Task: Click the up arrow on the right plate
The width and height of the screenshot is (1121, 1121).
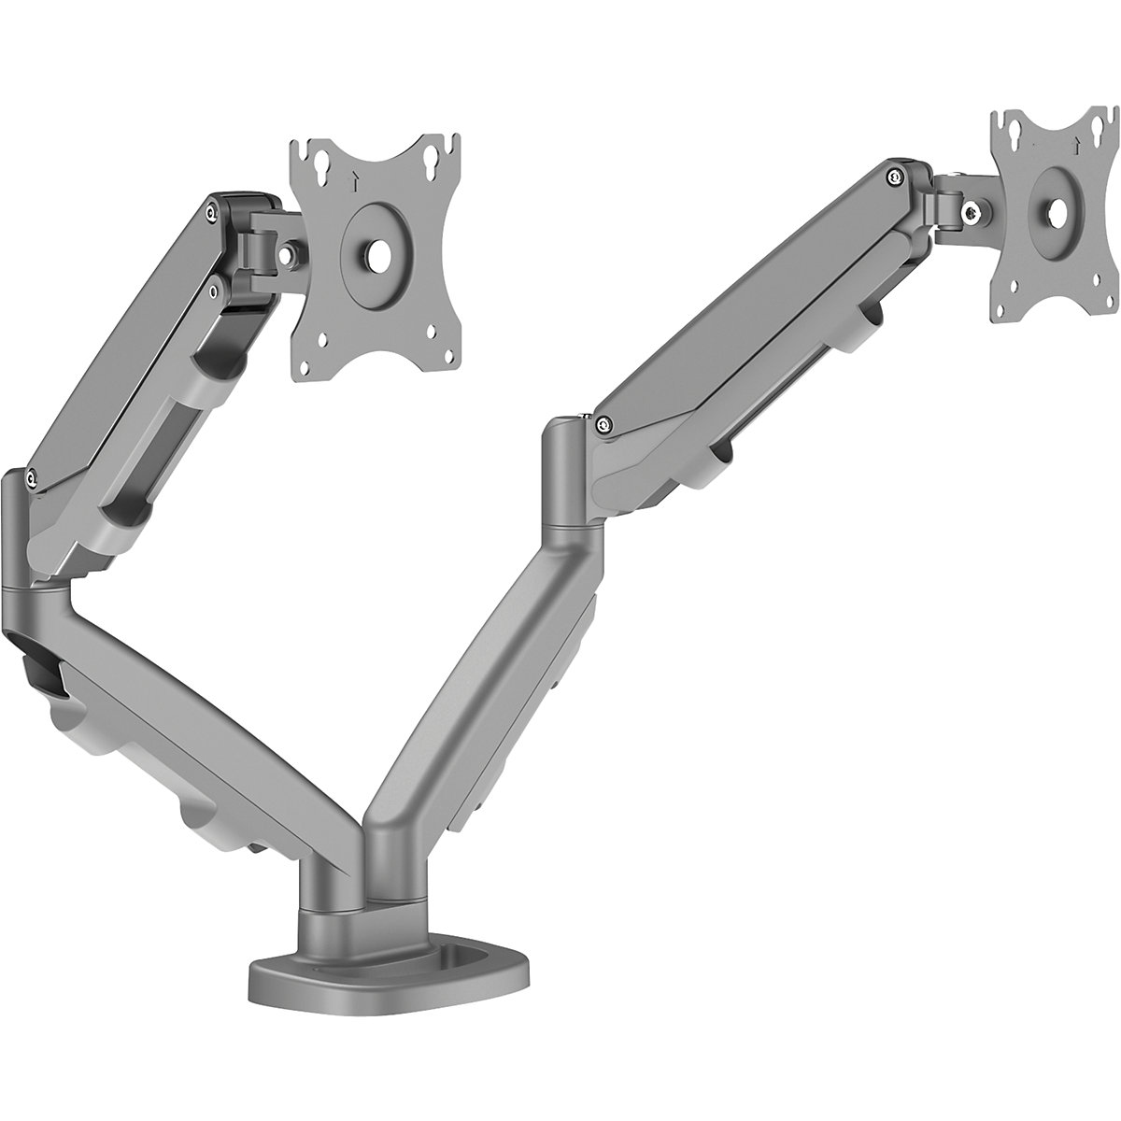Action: pos(1078,142)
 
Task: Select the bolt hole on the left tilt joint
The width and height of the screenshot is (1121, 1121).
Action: pos(294,251)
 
